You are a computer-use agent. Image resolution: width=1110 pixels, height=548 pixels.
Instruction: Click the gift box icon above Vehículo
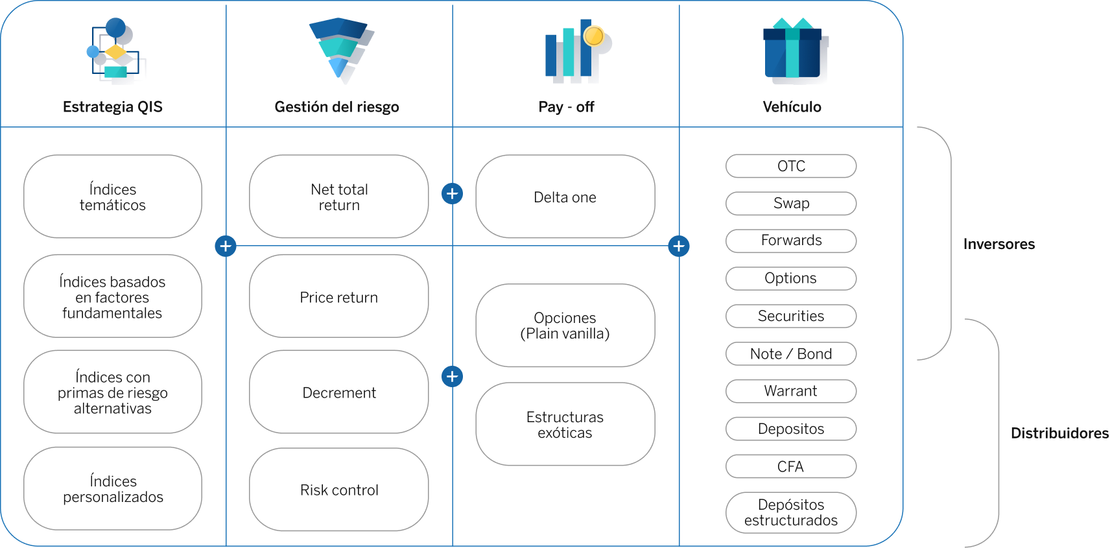point(796,49)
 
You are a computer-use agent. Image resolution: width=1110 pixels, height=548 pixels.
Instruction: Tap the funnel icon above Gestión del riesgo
point(342,49)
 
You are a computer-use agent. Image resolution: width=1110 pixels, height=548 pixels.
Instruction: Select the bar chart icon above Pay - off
point(577,50)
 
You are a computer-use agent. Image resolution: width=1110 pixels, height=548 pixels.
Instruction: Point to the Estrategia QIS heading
point(112,107)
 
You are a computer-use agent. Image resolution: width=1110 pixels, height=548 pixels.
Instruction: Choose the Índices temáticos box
point(112,197)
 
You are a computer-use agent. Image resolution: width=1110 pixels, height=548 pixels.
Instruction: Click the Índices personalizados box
point(112,488)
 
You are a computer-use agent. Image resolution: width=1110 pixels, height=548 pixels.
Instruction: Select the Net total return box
point(339,197)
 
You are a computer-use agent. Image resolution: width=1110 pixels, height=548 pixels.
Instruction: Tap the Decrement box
point(339,392)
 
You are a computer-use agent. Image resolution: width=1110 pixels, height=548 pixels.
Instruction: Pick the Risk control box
point(339,490)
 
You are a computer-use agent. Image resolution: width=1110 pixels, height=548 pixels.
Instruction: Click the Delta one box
point(565,197)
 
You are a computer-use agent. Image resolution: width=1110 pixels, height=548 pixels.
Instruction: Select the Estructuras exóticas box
point(565,424)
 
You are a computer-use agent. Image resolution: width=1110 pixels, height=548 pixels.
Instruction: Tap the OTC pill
point(791,166)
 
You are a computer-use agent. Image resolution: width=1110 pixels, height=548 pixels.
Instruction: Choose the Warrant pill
point(791,391)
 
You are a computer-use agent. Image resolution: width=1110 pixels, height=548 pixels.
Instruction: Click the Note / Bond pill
point(791,354)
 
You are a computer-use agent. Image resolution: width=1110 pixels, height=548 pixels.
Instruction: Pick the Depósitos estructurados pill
point(791,512)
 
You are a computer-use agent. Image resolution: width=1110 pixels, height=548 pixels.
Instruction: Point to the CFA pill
point(791,466)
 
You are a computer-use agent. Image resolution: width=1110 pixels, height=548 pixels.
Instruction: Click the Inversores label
point(999,244)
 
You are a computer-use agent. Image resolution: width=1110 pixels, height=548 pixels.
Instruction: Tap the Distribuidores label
point(1059,434)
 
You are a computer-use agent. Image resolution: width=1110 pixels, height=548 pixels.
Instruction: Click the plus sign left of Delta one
point(453,194)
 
